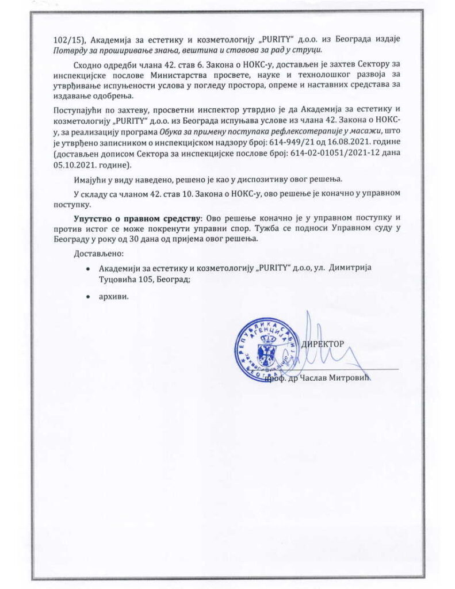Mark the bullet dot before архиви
[87, 297]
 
